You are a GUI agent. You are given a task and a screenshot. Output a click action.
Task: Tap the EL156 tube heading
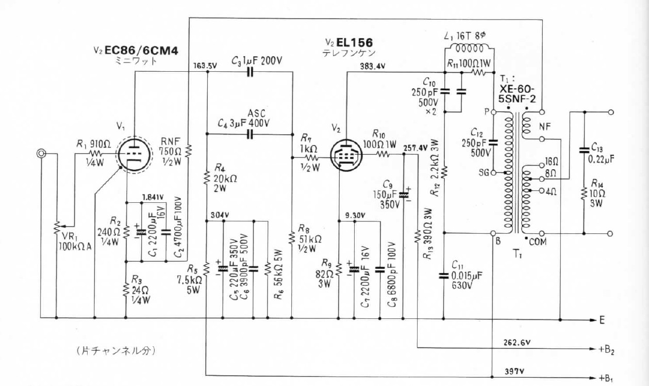pos(354,43)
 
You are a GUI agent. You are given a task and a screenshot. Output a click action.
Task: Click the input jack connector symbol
pos(41,153)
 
